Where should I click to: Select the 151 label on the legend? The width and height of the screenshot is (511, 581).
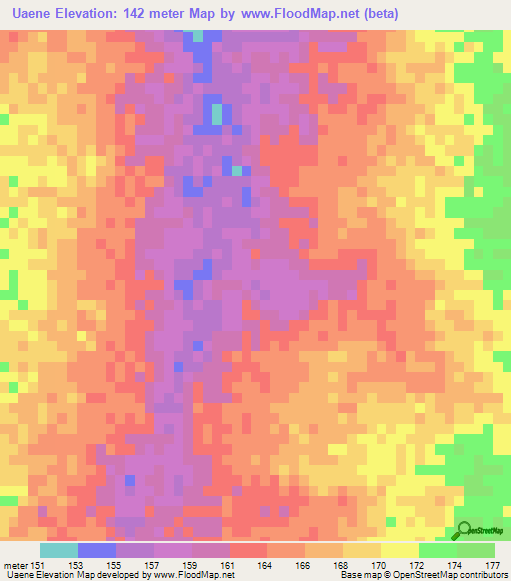click(39, 564)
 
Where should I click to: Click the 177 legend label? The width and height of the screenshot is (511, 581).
click(491, 564)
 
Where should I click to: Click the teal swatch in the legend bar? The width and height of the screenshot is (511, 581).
click(58, 550)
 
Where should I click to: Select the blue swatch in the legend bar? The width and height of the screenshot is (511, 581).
click(96, 550)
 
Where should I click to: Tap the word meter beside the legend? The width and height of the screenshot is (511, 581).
click(14, 564)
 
